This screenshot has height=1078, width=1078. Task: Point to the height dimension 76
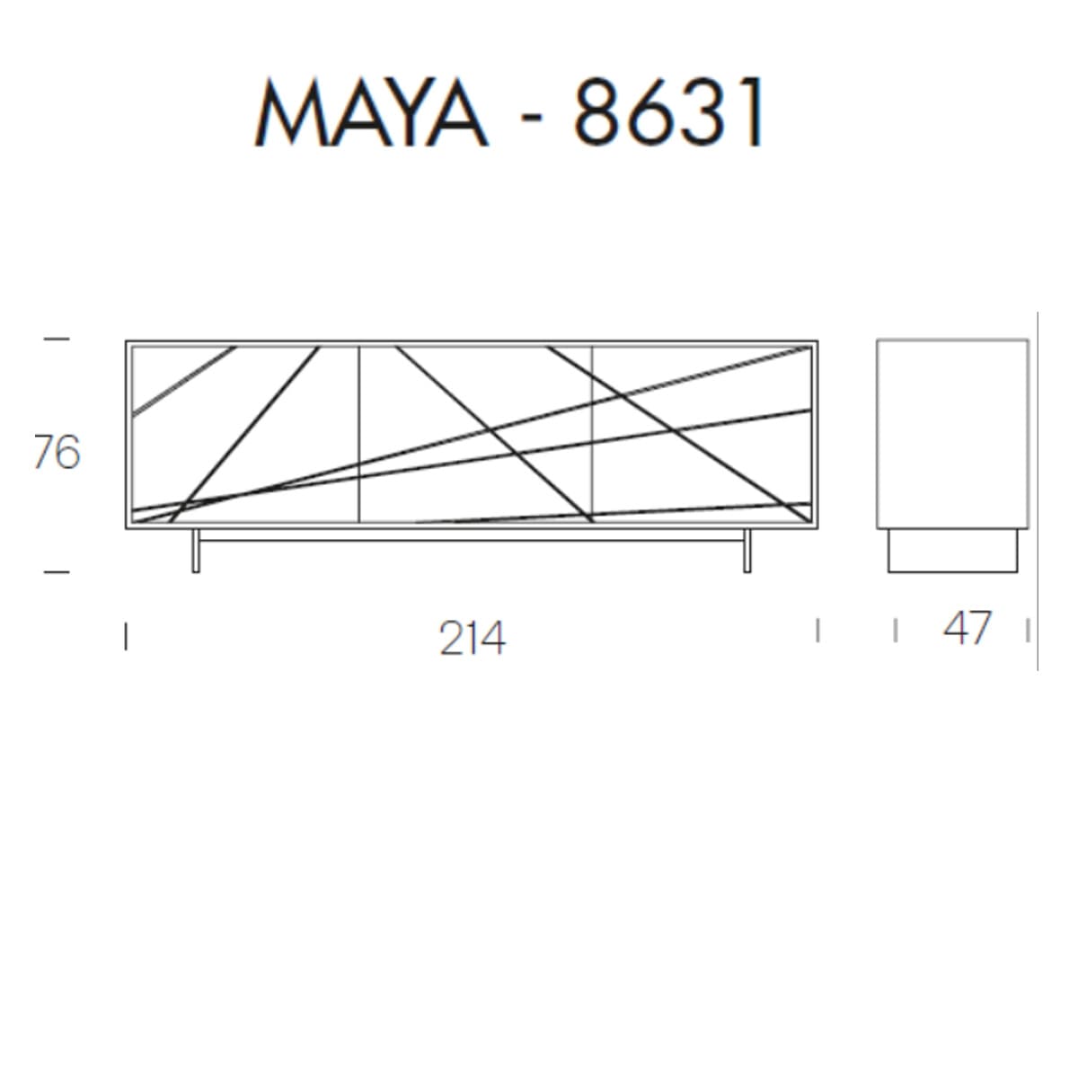57,453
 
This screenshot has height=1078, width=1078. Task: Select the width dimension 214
473,639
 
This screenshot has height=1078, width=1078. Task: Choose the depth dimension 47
968,628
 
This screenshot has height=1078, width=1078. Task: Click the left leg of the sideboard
196,551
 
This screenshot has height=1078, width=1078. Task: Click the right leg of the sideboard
747,551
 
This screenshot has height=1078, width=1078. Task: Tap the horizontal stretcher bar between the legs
472,540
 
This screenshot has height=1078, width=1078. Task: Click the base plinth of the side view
953,550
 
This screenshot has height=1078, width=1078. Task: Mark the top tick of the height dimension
56,340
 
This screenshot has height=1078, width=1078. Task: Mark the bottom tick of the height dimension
56,571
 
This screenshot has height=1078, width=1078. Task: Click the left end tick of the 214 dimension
126,637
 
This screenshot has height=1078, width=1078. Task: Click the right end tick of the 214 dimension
817,630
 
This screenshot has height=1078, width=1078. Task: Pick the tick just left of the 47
897,631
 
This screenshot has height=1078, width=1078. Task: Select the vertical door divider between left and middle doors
359,434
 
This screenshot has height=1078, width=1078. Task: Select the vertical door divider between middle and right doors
592,434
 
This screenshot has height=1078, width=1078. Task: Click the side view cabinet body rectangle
952,434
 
